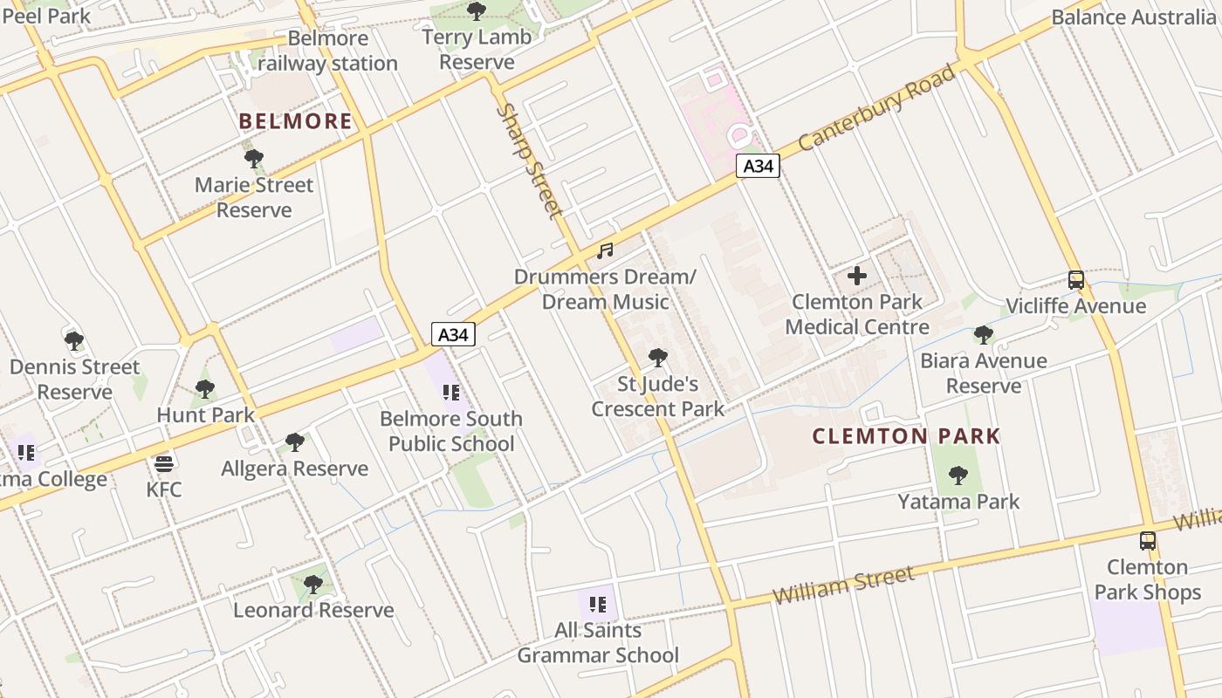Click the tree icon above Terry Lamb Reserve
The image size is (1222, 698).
pos(476,11)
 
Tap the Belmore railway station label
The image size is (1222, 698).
pos(327,51)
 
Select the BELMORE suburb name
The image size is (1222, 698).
pos(296,121)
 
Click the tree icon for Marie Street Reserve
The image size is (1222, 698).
pos(254,159)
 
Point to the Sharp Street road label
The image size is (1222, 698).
pos(529,161)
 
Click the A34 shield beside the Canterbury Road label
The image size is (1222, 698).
pos(757,166)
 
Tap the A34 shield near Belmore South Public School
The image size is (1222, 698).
pos(453,334)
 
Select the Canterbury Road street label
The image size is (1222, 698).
pos(876,107)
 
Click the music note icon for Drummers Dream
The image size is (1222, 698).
pos(605,251)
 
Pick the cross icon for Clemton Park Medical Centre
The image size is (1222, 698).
pos(857,276)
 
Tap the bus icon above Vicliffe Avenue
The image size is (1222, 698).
pos(1076,280)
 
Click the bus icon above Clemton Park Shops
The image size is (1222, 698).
pos(1148,541)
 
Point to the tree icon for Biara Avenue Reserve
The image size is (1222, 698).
pos(984,335)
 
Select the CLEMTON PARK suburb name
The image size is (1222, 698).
pos(906,436)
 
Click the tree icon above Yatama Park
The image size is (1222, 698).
pos(958,476)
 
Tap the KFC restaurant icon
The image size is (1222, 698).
pos(164,462)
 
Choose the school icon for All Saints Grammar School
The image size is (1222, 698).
pos(598,604)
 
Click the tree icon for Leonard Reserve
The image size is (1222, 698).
pos(313,584)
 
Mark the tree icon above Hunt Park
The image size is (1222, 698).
pos(205,389)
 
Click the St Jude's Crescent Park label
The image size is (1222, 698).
pos(658,396)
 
